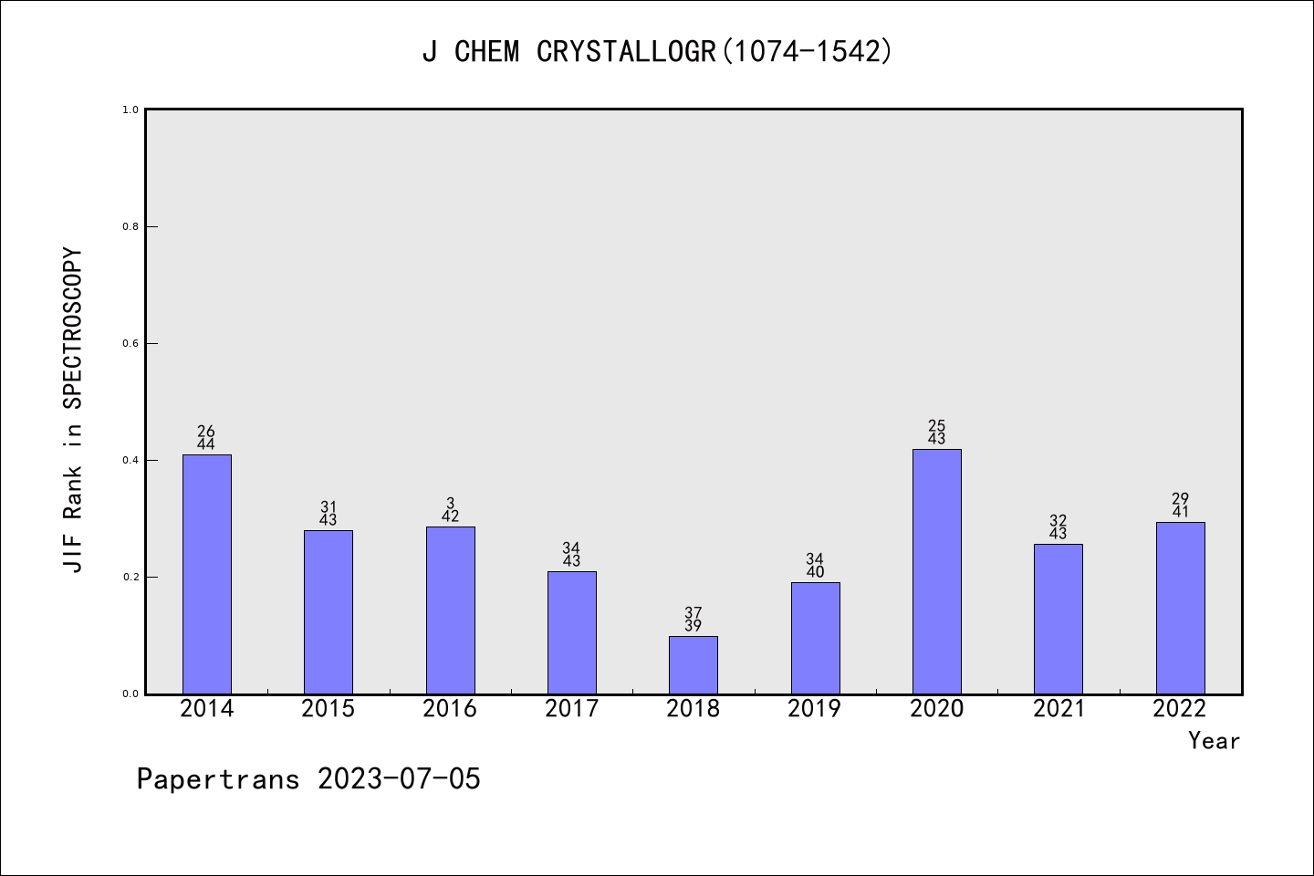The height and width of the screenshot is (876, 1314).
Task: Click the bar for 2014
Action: click(206, 574)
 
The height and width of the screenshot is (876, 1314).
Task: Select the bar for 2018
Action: click(693, 665)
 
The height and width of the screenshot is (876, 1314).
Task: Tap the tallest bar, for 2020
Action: click(936, 571)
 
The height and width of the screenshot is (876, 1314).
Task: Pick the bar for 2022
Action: click(1180, 608)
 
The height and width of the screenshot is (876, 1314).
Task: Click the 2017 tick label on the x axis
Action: click(571, 709)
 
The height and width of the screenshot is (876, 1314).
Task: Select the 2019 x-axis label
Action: click(814, 709)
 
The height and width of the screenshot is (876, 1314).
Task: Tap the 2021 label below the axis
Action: click(1058, 709)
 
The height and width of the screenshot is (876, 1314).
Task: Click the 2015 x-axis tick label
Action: click(328, 709)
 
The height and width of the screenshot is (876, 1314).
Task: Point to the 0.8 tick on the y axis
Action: click(130, 226)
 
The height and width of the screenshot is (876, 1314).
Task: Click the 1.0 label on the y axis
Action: click(130, 109)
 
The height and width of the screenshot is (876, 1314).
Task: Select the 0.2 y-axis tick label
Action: click(130, 577)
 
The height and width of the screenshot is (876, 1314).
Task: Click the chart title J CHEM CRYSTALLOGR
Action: click(657, 52)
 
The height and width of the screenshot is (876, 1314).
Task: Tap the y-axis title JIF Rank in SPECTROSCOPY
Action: click(73, 410)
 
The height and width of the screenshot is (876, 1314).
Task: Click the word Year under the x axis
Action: click(1214, 741)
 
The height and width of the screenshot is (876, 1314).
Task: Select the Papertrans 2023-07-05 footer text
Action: click(308, 779)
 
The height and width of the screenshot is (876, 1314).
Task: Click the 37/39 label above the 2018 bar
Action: click(693, 620)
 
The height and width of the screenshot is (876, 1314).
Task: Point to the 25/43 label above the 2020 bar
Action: click(936, 433)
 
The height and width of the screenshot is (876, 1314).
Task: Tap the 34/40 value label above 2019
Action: click(814, 566)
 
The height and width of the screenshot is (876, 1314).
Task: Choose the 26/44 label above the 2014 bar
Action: click(206, 438)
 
